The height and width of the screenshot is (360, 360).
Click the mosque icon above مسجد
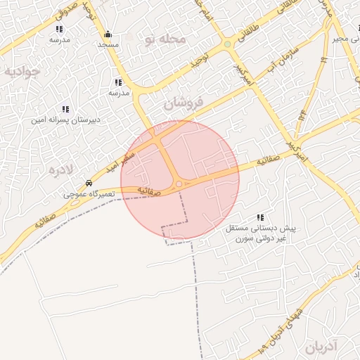tap(108, 34)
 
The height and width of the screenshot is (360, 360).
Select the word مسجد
tap(108, 45)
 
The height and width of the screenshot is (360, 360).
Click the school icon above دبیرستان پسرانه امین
tap(65, 109)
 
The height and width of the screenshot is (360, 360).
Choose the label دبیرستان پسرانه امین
tap(65, 120)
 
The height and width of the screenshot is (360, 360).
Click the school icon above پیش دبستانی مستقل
tap(261, 218)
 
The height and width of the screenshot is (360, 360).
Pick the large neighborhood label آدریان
tap(323, 346)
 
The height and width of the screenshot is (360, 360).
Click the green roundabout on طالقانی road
tap(227, 44)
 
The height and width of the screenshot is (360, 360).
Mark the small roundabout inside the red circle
tap(179, 184)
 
